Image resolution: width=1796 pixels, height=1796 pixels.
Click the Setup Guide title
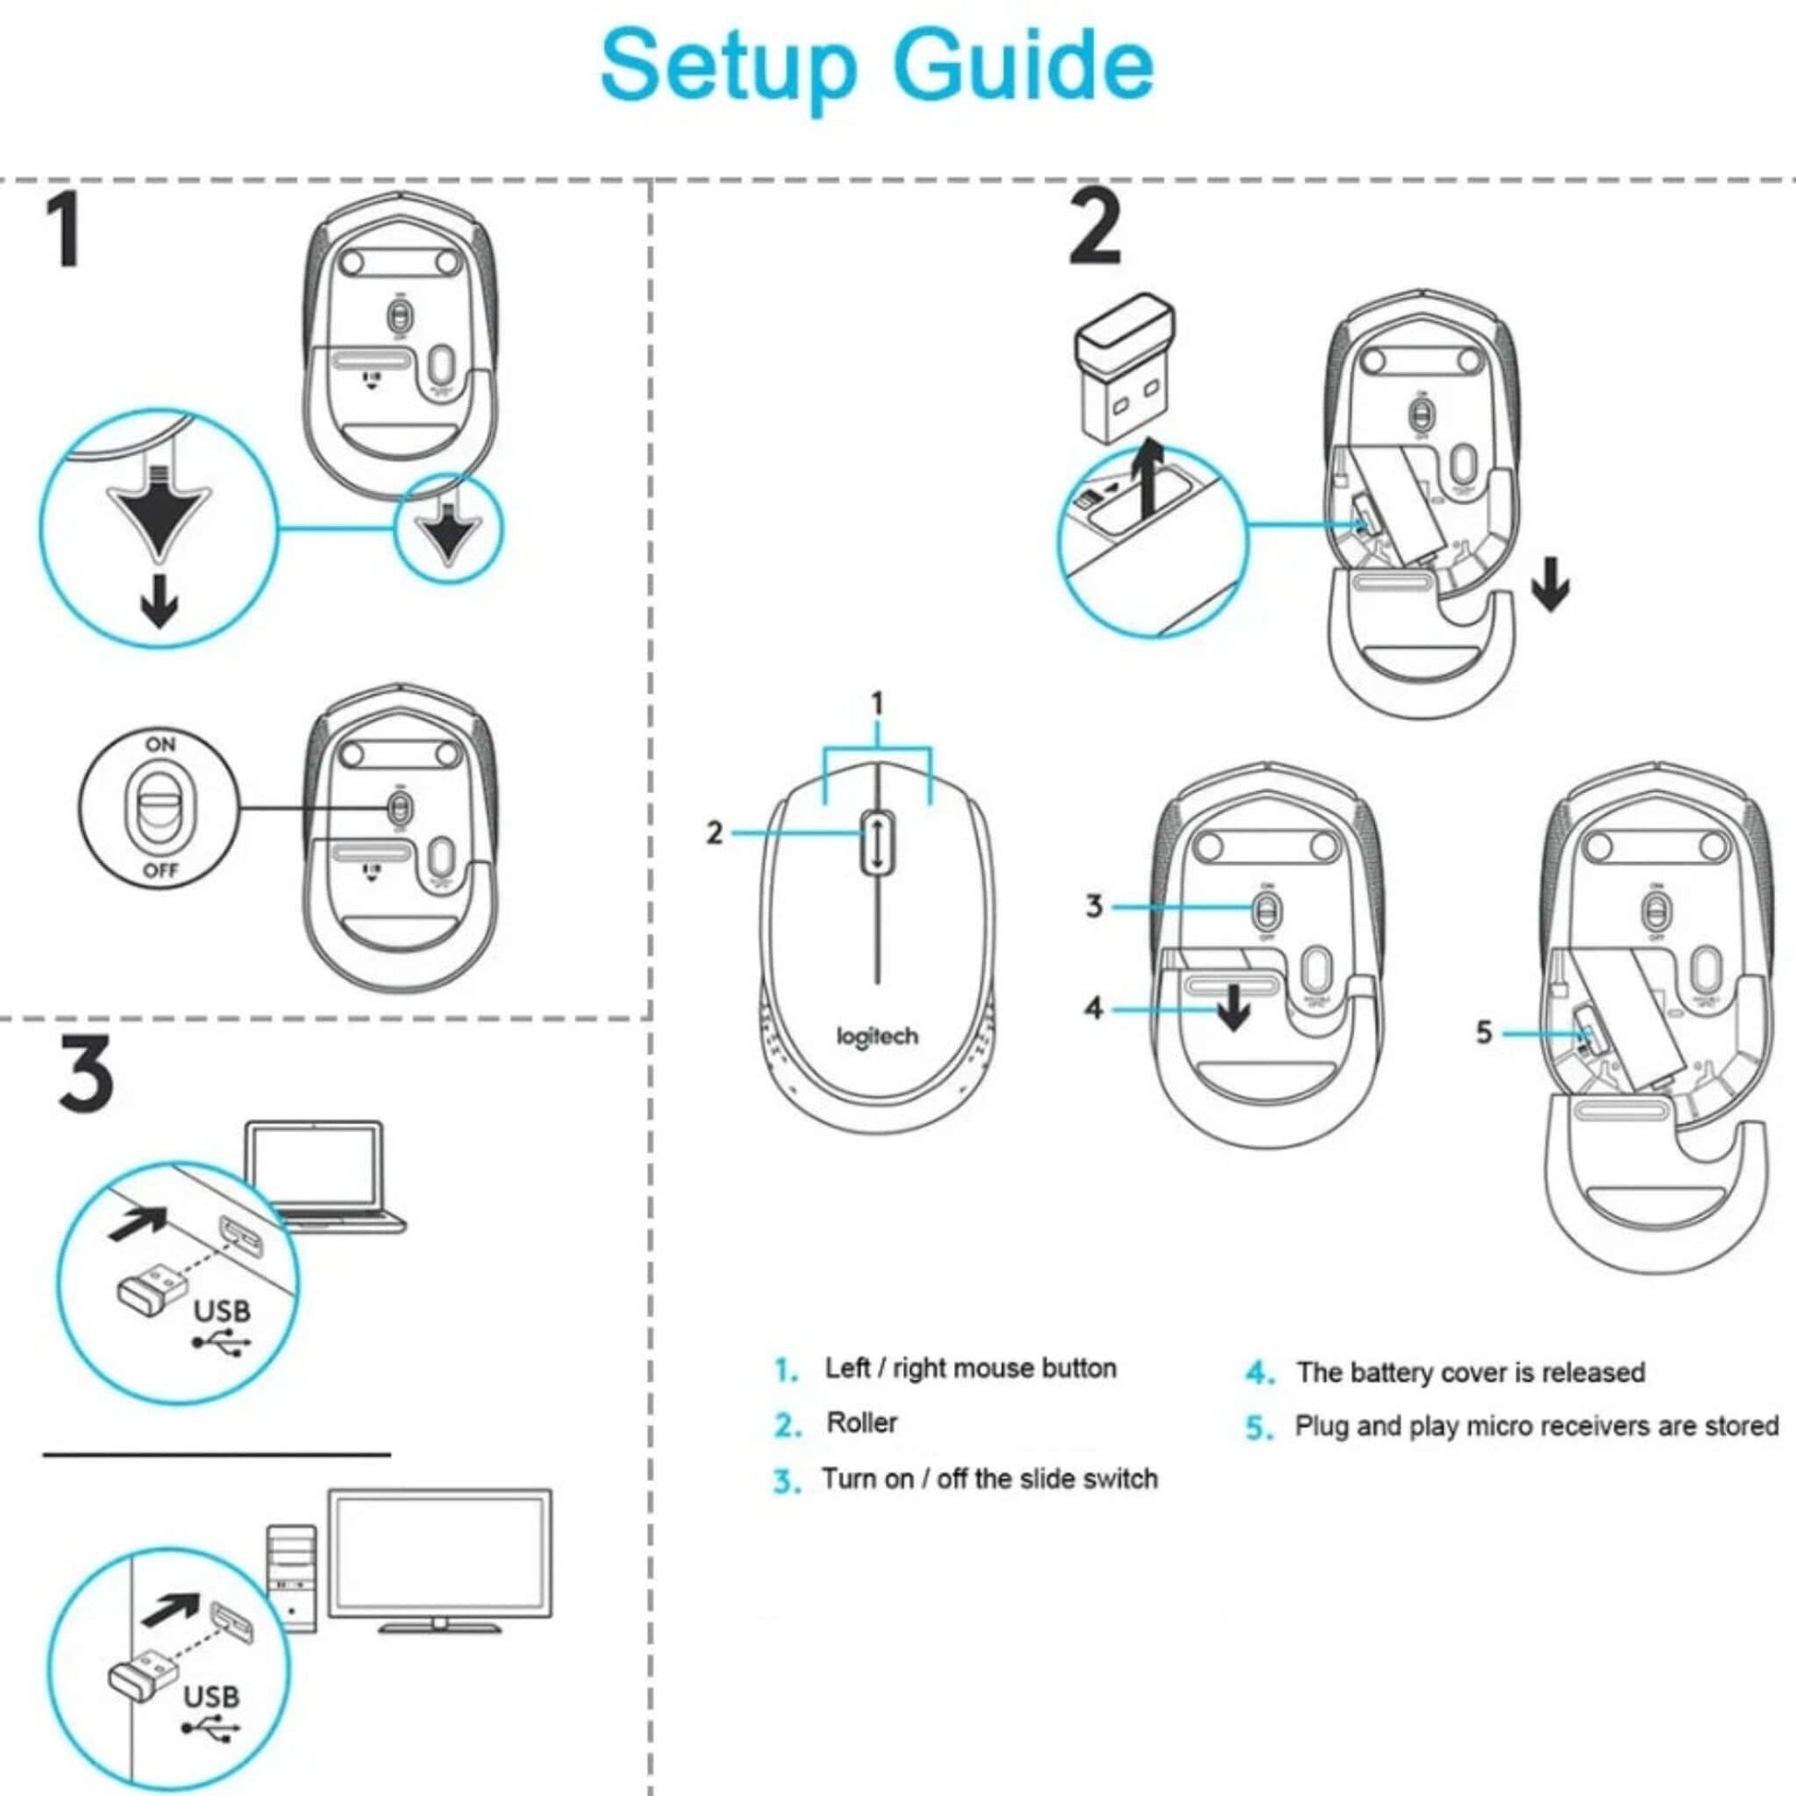coord(877,67)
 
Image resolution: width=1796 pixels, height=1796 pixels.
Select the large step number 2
coord(1096,226)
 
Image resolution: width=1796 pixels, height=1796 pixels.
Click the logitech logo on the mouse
coord(877,1036)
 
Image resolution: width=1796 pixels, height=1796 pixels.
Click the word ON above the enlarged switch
coord(160,744)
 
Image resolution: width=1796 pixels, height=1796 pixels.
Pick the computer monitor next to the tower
coord(439,1561)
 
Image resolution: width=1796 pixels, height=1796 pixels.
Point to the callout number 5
coord(1484,1032)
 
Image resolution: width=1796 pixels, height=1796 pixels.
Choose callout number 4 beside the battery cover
coord(1094,1008)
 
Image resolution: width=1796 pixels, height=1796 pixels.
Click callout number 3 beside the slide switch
coord(1095,905)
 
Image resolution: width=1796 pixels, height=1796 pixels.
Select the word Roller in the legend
coord(862,1423)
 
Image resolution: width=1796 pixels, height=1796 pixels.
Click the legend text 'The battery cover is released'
coord(1470,1372)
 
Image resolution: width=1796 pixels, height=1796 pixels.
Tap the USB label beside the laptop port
coord(222,1311)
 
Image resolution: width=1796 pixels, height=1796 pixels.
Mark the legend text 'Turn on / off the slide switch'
coord(989,1479)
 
